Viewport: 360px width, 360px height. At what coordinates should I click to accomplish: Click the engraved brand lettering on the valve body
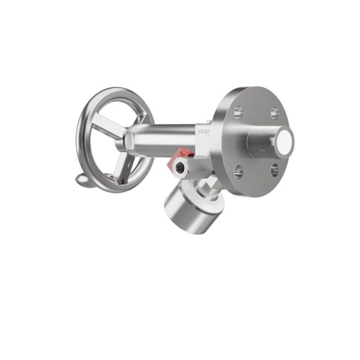coord(203,133)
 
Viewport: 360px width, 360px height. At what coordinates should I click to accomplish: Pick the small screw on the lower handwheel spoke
coord(123,179)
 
